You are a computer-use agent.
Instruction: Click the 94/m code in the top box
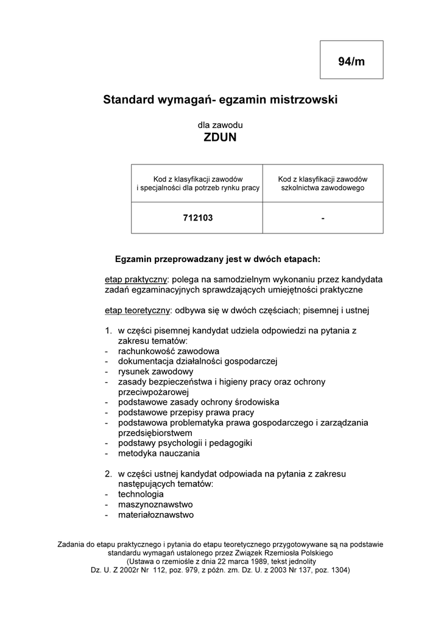[x=351, y=61]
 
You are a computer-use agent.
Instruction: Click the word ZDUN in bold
[x=220, y=138]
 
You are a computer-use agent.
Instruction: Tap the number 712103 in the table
[x=198, y=218]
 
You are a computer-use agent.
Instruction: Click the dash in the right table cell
[x=323, y=218]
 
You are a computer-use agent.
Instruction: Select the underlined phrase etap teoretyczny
[x=136, y=310]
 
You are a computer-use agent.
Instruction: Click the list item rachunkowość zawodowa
[x=169, y=351]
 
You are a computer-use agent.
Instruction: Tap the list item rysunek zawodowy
[x=156, y=371]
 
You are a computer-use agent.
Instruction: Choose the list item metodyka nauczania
[x=159, y=453]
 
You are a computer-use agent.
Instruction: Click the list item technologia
[x=141, y=494]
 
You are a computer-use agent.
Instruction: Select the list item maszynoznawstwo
[x=155, y=504]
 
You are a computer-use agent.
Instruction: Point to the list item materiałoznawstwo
[x=156, y=514]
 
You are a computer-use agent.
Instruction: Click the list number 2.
[x=107, y=473]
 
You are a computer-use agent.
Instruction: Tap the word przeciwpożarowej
[x=154, y=391]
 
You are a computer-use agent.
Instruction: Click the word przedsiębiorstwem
[x=155, y=432]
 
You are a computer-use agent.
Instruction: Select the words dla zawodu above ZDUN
[x=220, y=124]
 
